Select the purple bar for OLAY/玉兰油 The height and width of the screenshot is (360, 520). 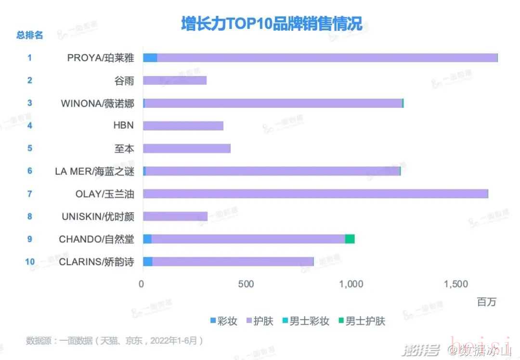tap(315, 194)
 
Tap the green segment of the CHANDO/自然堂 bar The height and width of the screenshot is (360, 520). tap(350, 239)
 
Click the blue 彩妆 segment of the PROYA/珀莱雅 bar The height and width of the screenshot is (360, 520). tap(150, 58)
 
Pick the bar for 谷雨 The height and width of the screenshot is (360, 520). tap(175, 80)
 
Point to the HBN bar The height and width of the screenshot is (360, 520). tap(183, 126)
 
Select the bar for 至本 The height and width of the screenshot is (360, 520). tap(187, 148)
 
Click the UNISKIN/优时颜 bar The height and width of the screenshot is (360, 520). tap(175, 216)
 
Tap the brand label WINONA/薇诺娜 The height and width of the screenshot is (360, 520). tap(98, 103)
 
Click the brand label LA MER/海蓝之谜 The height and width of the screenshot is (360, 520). tap(94, 171)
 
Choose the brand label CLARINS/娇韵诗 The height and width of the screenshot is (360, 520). tap(96, 262)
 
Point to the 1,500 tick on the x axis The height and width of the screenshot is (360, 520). tap(455, 284)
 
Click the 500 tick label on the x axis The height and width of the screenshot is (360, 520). tap(246, 284)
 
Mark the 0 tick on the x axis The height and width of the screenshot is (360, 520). tap(142, 284)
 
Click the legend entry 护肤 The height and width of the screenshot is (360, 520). tap(259, 321)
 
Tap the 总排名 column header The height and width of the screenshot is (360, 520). tap(30, 35)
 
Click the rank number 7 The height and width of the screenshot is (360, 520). tap(30, 194)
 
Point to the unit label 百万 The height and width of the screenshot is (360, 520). tap(486, 302)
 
